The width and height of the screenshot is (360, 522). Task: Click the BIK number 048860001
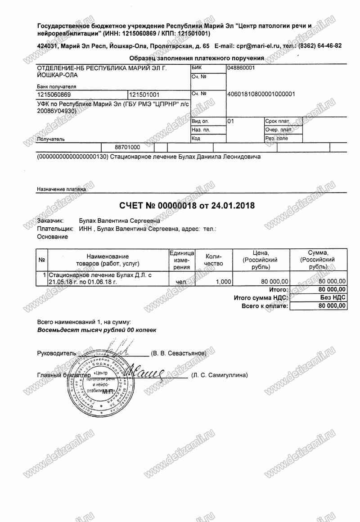click(242, 67)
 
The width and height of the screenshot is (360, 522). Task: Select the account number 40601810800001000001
click(262, 94)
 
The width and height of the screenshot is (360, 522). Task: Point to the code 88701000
click(127, 147)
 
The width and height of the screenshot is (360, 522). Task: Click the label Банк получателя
click(56, 86)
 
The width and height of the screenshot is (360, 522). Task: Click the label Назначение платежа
click(61, 189)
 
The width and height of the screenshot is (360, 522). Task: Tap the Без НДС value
click(333, 297)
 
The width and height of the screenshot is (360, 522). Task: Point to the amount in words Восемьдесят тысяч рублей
click(97, 330)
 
